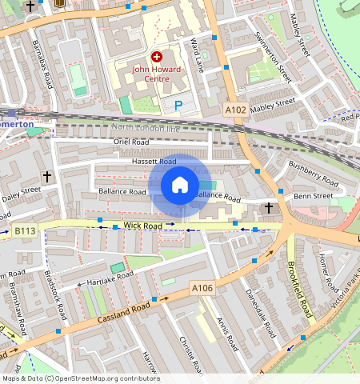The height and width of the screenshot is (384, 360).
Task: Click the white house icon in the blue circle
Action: click(x=180, y=185)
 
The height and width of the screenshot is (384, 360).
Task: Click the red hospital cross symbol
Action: click(x=157, y=57)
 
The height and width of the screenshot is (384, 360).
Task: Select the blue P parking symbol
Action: click(x=178, y=105)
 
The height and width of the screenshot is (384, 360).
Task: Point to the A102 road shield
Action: click(x=235, y=109)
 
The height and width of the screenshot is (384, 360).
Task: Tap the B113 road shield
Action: click(x=25, y=231)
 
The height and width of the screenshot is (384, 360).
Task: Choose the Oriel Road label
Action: click(x=132, y=142)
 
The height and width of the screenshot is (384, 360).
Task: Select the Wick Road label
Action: click(x=144, y=226)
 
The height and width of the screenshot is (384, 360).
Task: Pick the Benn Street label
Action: click(x=313, y=195)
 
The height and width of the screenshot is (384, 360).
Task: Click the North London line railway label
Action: click(x=146, y=127)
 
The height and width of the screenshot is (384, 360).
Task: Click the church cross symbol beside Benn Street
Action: click(x=270, y=209)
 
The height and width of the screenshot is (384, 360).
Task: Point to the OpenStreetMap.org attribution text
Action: click(x=80, y=378)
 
